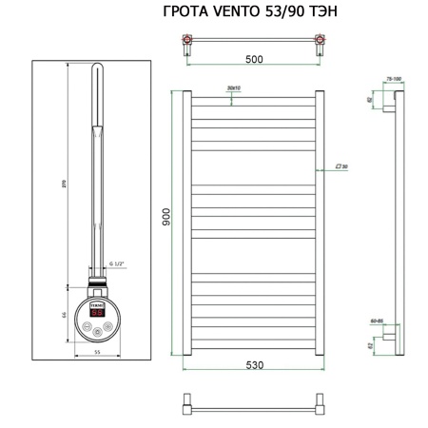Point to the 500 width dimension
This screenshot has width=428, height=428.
(254, 59)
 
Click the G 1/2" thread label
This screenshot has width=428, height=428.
(118, 263)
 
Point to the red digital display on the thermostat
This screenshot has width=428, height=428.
(97, 310)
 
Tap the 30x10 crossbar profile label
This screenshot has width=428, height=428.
(235, 88)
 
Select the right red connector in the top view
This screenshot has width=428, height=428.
(318, 41)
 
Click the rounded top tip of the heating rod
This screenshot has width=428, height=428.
(100, 68)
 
